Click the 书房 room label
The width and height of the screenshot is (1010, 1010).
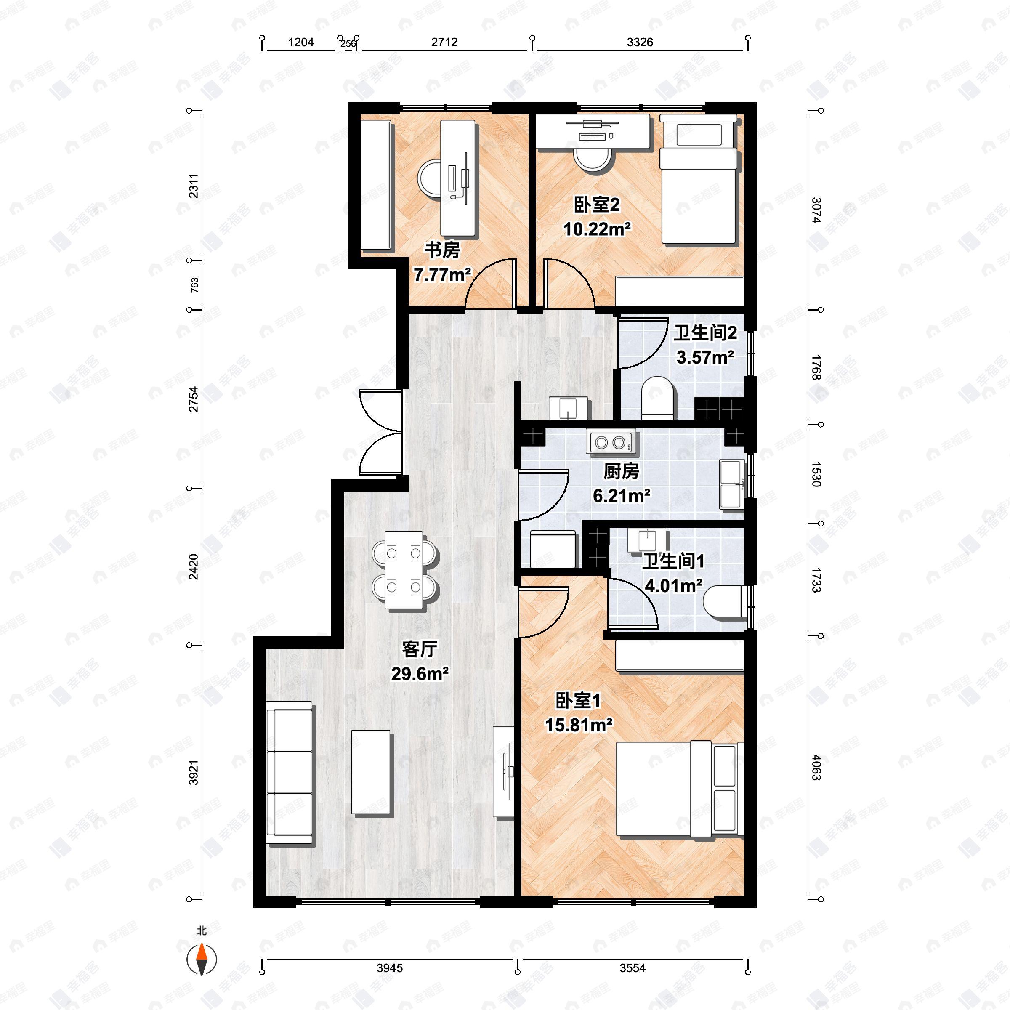click(442, 250)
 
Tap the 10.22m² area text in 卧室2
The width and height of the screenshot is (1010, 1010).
click(597, 229)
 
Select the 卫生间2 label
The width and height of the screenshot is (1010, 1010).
click(705, 332)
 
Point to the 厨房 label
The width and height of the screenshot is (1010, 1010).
click(621, 471)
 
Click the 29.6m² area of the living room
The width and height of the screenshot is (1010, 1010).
click(420, 674)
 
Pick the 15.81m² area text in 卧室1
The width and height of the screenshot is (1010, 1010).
click(579, 725)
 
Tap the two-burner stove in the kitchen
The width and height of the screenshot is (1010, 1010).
click(611, 442)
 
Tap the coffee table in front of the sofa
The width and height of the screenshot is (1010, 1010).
click(371, 772)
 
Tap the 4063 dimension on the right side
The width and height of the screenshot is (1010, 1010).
click(816, 768)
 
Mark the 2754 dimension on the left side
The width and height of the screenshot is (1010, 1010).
click(194, 399)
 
